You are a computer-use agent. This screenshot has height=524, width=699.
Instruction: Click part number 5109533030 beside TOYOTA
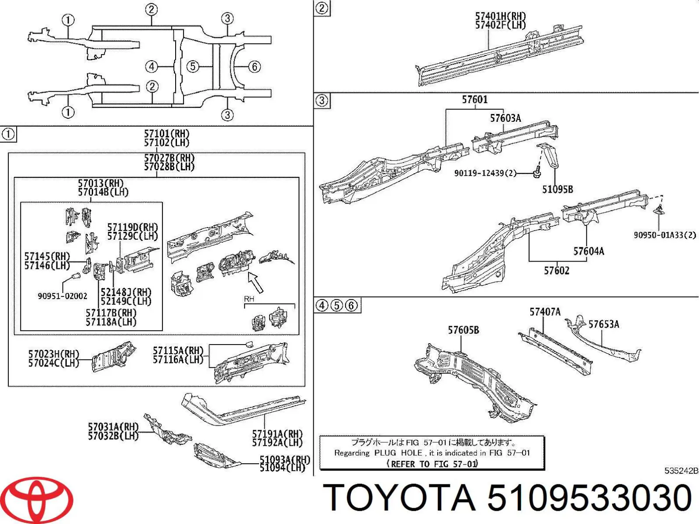[x=589, y=498]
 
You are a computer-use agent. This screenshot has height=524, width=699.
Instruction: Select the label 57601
[x=474, y=100]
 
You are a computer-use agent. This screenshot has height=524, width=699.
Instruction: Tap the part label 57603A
[x=505, y=118]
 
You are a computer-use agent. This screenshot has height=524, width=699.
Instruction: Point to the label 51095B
[x=557, y=190]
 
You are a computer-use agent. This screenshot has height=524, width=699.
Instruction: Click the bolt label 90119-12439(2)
[x=485, y=173]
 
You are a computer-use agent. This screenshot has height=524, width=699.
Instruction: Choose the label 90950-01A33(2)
[x=664, y=235]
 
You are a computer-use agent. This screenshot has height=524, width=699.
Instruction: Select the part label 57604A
[x=588, y=251]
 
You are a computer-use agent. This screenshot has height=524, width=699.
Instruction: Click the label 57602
[x=556, y=271]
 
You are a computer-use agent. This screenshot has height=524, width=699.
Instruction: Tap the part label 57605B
[x=463, y=330]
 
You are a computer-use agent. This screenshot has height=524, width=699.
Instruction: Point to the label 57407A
[x=545, y=312]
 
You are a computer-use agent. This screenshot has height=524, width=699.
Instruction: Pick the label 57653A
[x=603, y=324]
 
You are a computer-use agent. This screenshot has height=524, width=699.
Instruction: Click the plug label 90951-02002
[x=62, y=296]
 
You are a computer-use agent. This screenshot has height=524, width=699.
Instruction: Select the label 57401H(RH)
[x=500, y=17]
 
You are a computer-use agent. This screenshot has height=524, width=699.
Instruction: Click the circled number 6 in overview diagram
[x=254, y=67]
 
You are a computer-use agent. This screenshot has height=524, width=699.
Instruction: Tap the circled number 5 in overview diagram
[x=193, y=67]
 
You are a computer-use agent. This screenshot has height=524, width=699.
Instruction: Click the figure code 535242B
[x=681, y=471]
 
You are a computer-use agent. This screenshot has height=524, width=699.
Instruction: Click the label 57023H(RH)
[x=54, y=354]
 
